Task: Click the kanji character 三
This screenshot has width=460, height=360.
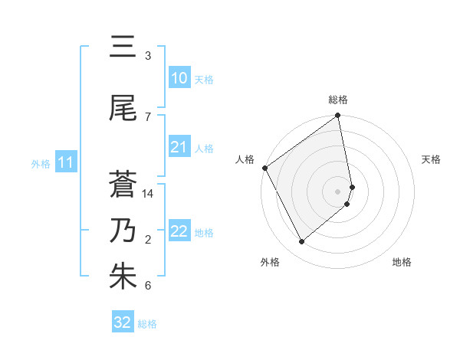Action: (123, 48)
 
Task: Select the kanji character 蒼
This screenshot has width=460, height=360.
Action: (123, 185)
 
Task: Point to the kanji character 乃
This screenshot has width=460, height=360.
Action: (123, 231)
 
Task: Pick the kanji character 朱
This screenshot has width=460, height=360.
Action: (123, 277)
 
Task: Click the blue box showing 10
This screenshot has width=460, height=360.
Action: (179, 78)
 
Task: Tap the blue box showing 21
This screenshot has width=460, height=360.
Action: (179, 147)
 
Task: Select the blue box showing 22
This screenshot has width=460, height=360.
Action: (179, 231)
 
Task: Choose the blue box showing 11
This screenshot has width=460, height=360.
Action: (65, 162)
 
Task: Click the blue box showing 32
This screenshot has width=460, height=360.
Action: (123, 322)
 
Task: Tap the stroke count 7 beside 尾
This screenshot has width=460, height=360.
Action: (148, 117)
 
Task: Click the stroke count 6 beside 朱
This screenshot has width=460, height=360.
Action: (148, 286)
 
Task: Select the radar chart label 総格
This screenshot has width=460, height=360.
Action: (338, 100)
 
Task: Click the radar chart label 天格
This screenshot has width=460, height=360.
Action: (431, 159)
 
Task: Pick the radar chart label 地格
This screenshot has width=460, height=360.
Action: (402, 262)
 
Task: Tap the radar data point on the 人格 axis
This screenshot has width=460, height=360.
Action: (264, 168)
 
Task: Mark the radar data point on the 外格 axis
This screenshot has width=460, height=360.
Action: (302, 242)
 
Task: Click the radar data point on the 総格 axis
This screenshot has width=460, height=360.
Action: (338, 116)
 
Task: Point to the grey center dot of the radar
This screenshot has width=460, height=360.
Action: (338, 191)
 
